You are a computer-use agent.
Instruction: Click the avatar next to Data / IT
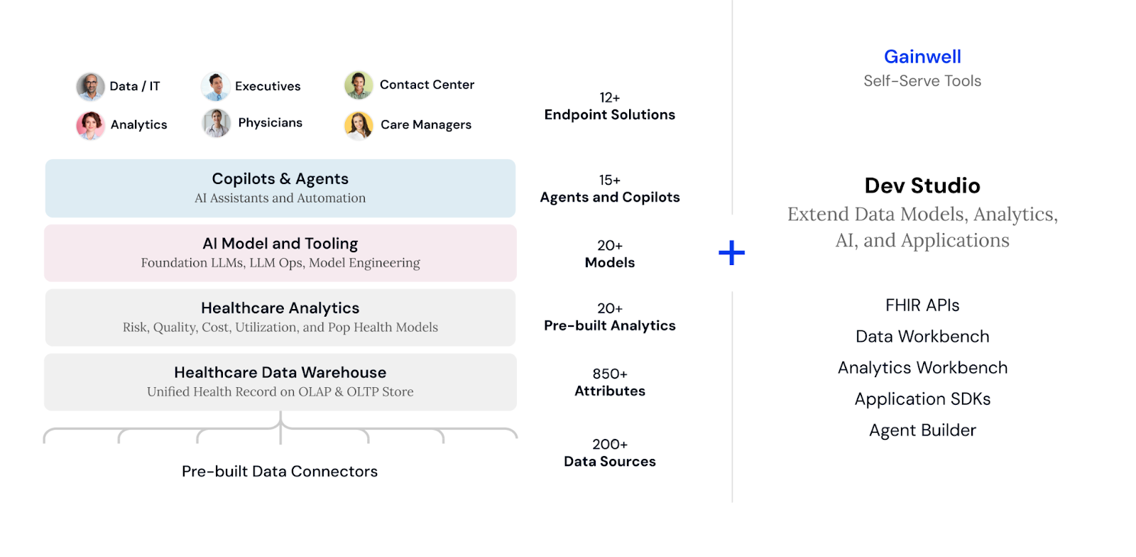90,87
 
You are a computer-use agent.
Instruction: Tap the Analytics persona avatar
90,125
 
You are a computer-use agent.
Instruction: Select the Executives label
268,86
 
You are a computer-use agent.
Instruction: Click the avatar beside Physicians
216,123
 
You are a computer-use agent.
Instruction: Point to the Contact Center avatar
359,85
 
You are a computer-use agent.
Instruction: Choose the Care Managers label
425,124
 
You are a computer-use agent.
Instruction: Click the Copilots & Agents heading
280,179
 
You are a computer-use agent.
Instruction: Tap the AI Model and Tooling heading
280,244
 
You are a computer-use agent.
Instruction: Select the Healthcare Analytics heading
280,308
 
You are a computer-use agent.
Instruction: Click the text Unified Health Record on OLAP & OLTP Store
280,391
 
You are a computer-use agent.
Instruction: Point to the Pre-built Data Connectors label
280,471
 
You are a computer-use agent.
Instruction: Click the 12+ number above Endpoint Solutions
609,97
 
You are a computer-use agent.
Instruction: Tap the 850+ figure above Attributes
609,374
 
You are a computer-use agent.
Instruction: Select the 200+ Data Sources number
609,444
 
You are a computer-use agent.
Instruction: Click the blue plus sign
731,253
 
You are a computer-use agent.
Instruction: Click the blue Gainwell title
922,57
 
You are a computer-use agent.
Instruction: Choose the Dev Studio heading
922,185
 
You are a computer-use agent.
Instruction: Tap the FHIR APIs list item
922,305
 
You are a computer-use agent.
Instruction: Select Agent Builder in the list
922,431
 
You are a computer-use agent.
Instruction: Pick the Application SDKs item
922,399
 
